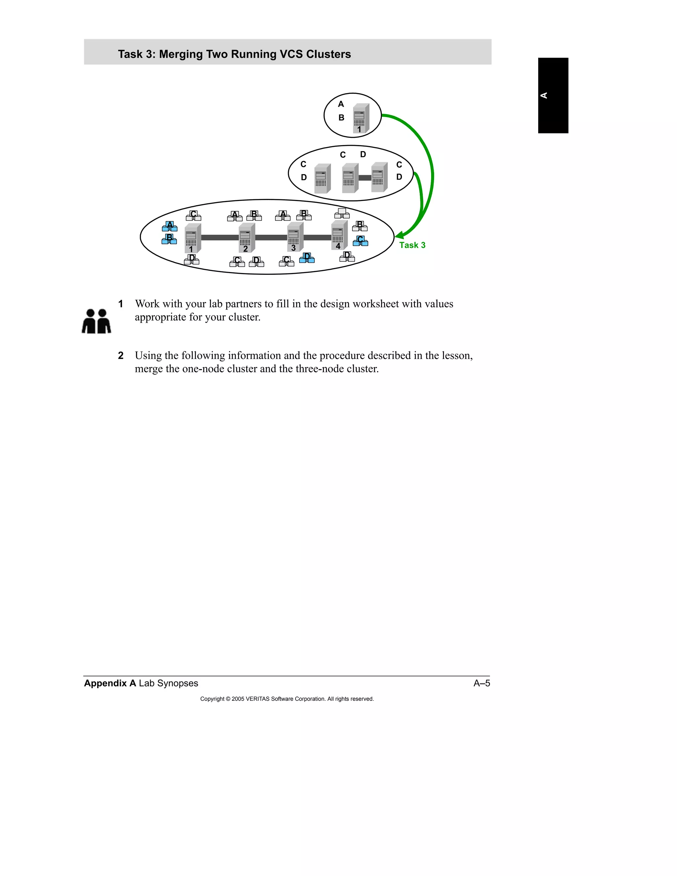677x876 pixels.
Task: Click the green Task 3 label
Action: pos(412,245)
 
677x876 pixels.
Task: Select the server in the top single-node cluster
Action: pos(361,118)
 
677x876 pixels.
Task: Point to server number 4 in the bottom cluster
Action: pos(339,235)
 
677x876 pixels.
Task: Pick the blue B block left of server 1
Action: pos(169,239)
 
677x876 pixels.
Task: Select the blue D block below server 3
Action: pos(307,258)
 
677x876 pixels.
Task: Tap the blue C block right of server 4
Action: pos(360,241)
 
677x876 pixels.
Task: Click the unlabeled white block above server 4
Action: pos(342,213)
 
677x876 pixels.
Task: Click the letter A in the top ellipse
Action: pos(341,104)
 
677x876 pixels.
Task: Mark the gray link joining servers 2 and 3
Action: pos(271,237)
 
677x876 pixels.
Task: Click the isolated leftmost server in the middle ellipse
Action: pos(322,179)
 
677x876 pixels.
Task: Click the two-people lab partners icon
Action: pos(96,321)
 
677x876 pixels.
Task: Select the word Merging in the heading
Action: pos(181,54)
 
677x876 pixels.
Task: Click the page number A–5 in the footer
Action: pos(481,683)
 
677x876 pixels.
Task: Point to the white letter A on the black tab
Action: pos(544,96)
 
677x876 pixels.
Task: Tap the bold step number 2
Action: pos(121,355)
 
